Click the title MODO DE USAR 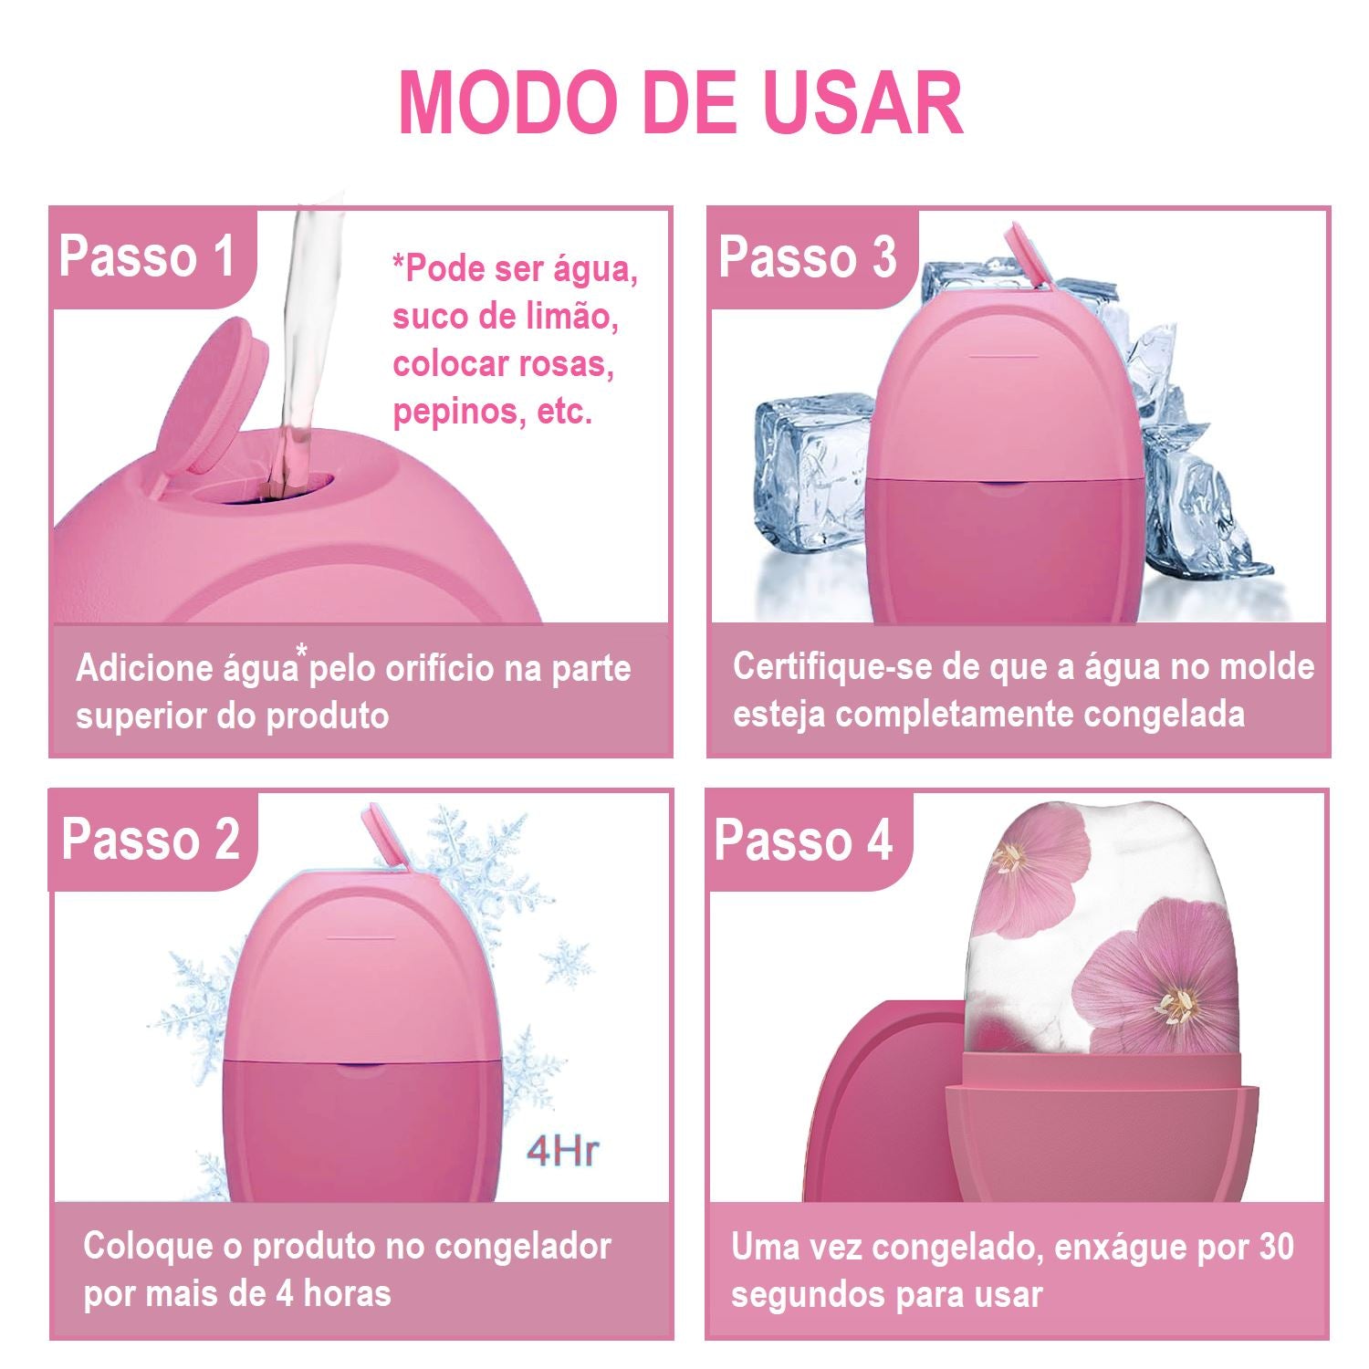coord(681,101)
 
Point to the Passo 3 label coord(808,256)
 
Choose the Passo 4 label coord(803,839)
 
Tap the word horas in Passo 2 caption coord(347,1294)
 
